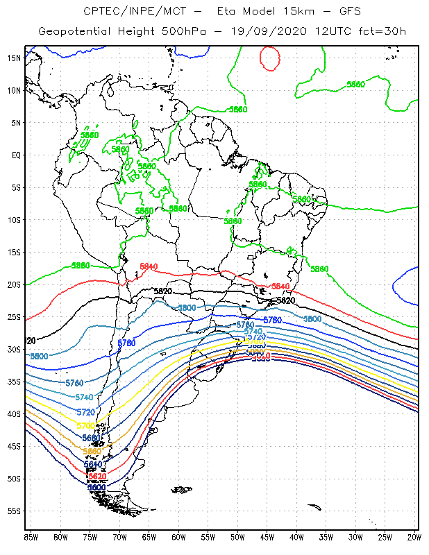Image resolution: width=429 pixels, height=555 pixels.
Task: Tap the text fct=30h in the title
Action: (x=384, y=31)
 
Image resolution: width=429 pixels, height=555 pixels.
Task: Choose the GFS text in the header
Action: (x=335, y=11)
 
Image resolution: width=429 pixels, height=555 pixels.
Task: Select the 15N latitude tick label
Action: (x=15, y=58)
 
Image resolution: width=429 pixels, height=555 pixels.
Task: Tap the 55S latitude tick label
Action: (x=15, y=511)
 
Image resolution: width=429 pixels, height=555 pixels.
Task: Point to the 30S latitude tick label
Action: (x=15, y=349)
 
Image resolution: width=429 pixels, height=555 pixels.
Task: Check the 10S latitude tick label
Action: (x=15, y=220)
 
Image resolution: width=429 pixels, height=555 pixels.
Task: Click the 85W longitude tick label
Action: (x=31, y=536)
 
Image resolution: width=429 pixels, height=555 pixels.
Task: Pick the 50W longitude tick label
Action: (x=237, y=536)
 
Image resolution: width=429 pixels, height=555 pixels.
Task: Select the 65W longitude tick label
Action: (x=149, y=536)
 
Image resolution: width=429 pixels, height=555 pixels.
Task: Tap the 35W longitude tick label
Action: (x=326, y=536)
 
